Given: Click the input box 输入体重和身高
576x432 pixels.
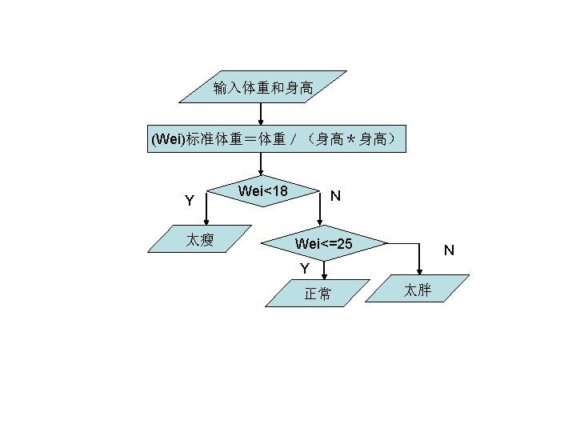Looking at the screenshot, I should (x=262, y=86).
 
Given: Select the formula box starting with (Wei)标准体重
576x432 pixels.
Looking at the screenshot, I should (x=277, y=139).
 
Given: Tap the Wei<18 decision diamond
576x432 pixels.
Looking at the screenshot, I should (x=263, y=191).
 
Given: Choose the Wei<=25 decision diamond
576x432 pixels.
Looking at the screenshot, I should (x=323, y=242).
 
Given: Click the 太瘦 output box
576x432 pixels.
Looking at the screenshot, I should (x=200, y=239).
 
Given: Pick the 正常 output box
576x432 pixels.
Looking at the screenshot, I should (x=318, y=294).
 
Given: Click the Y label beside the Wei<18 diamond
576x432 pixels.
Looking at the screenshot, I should (x=189, y=200).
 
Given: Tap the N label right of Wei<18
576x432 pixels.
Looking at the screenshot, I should (x=336, y=196).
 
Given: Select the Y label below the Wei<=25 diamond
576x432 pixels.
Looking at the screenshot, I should (x=304, y=267).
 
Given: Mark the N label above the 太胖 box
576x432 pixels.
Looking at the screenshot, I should (x=449, y=250).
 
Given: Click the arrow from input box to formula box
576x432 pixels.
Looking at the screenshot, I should (x=261, y=114).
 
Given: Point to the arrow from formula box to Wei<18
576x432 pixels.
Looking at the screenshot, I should (x=261, y=163).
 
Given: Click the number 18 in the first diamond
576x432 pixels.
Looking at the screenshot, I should (x=279, y=190).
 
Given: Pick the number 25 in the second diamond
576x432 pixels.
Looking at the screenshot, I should (x=344, y=242).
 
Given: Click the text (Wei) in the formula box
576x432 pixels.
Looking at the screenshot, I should (x=168, y=140).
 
